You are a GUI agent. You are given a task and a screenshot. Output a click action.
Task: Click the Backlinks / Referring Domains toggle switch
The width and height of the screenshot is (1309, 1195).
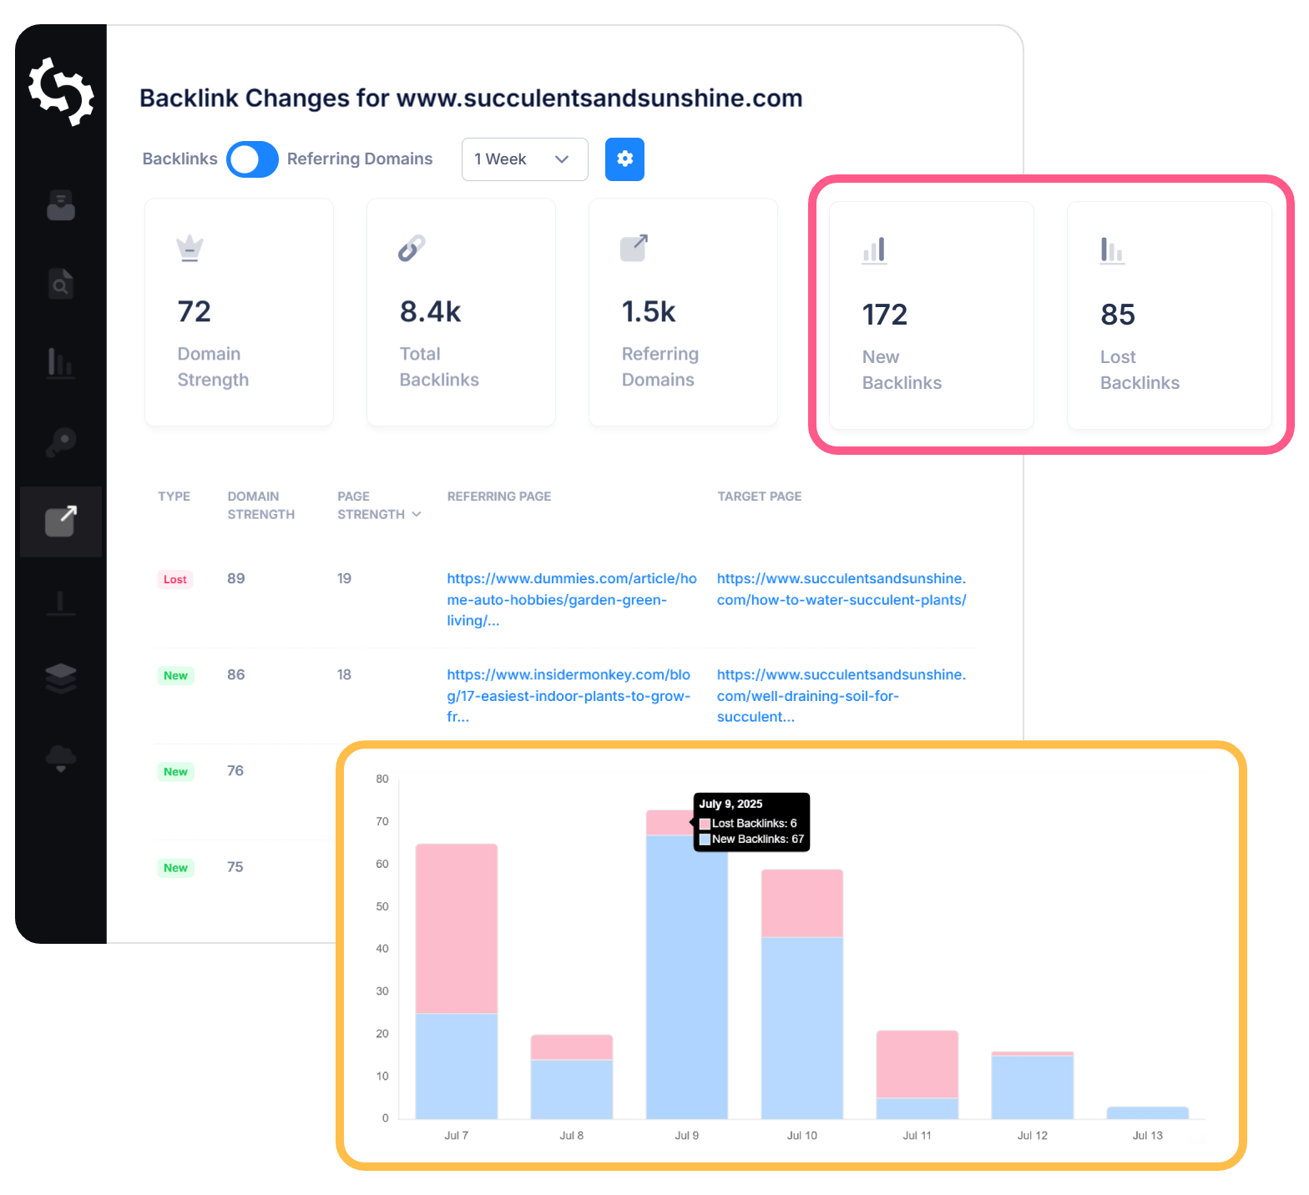point(252,159)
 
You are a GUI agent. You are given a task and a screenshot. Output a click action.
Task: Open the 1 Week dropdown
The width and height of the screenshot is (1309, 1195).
point(524,159)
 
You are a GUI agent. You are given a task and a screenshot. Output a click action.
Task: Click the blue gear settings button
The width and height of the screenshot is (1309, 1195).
point(624,159)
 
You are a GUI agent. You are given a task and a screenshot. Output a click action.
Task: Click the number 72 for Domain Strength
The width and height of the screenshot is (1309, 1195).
point(195,312)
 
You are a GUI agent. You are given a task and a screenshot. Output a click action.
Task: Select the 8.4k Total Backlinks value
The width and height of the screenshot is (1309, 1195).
point(430,312)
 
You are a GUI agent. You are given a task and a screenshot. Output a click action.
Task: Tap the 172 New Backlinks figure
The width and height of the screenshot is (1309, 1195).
point(884,315)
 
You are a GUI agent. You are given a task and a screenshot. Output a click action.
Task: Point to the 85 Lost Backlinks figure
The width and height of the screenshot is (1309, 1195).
point(1118,315)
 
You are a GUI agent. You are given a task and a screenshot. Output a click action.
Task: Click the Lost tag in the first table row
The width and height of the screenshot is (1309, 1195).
point(175,580)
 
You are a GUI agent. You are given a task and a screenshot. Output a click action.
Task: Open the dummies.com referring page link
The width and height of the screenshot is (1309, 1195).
point(571,599)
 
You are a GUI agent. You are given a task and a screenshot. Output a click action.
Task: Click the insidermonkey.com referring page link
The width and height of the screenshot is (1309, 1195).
point(569,695)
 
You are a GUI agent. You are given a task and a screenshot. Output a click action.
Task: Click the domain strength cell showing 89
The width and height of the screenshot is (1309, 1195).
point(236,579)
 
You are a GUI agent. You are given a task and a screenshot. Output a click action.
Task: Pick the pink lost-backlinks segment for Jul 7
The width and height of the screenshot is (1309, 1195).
point(457,928)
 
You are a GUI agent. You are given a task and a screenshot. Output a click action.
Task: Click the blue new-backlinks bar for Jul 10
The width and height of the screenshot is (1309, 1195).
point(801,1027)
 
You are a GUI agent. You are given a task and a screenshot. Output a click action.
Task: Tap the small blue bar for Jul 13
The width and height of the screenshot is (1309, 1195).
point(1147,1112)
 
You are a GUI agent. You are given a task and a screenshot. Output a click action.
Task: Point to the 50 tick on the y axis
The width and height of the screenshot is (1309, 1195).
point(382,906)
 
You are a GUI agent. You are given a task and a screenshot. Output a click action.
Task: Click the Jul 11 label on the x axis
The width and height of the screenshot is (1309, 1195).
point(917,1136)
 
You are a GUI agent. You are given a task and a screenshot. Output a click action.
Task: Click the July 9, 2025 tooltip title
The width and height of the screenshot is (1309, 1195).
point(730,804)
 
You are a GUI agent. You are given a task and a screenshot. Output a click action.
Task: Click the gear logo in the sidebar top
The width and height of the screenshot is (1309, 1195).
point(61,92)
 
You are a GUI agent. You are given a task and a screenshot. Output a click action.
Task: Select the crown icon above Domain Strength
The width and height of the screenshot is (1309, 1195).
point(190,248)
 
